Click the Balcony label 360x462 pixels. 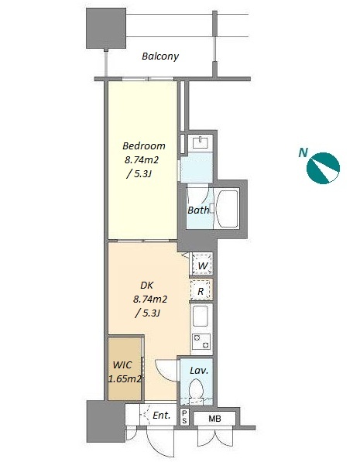click(x=160, y=56)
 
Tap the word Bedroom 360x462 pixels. click(x=144, y=145)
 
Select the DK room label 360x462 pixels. click(x=147, y=286)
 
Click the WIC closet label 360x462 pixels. click(x=122, y=365)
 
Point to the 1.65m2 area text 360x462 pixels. click(x=125, y=379)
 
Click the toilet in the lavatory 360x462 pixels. click(x=196, y=388)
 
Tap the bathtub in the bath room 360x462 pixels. click(x=227, y=209)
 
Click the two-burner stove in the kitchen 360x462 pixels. click(x=201, y=341)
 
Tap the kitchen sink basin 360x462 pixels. click(x=201, y=317)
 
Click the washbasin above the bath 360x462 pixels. click(x=201, y=142)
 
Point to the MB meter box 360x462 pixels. click(x=214, y=419)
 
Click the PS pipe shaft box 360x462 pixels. click(x=184, y=417)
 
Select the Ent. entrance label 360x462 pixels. click(x=162, y=416)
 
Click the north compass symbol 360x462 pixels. click(x=323, y=168)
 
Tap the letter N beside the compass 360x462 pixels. click(x=303, y=152)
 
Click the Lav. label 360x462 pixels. click(x=199, y=370)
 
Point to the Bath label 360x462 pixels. click(x=198, y=210)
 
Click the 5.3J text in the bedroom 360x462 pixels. click(x=139, y=174)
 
